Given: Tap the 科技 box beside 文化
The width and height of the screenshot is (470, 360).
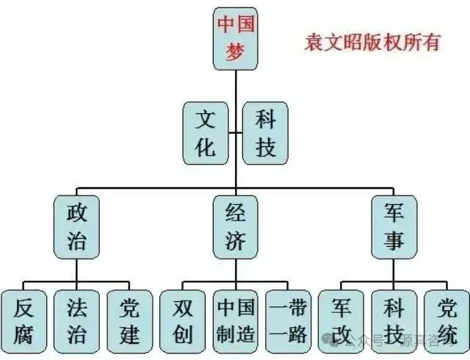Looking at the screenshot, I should [266, 132].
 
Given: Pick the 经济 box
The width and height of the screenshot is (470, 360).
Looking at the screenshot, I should [236, 226].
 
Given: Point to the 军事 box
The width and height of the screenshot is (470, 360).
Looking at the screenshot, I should [394, 226].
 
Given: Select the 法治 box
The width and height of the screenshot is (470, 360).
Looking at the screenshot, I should [76, 320].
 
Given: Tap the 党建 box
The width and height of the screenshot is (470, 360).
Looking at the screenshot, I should [129, 320].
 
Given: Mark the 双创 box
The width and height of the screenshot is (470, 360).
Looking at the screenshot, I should [183, 320].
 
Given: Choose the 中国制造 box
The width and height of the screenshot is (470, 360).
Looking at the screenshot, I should [236, 320].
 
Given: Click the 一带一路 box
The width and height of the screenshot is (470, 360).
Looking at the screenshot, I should [288, 320].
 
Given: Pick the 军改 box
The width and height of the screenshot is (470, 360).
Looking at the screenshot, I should [341, 320].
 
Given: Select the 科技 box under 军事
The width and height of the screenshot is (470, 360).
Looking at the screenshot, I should [394, 320].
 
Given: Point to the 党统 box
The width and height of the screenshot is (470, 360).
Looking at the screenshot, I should [446, 320].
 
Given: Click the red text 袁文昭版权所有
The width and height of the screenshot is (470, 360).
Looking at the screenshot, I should [372, 42].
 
